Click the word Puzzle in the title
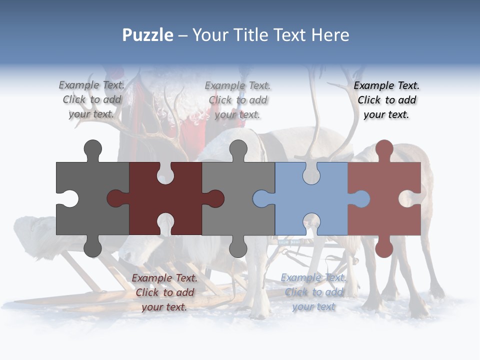point(148,35)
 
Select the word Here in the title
point(329,35)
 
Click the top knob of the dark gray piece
point(93,149)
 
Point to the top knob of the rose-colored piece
point(384,149)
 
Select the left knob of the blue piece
point(262,199)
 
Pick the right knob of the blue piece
point(360,199)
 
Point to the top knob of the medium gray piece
point(238,149)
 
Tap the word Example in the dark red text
point(152,278)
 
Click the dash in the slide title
point(183,35)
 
